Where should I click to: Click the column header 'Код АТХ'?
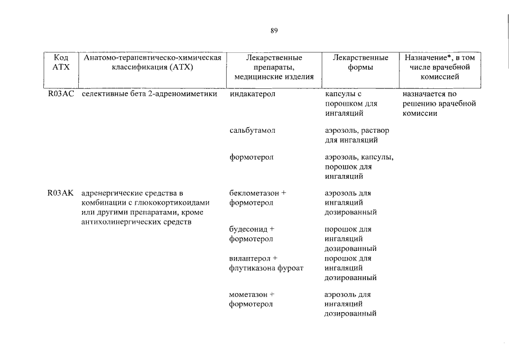(x=61, y=62)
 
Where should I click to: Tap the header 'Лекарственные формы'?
(x=360, y=62)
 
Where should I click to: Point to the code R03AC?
(x=61, y=94)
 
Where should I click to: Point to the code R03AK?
(x=61, y=193)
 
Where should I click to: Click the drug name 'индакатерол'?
(x=252, y=94)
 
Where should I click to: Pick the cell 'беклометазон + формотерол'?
(x=258, y=198)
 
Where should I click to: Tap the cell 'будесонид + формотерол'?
(x=252, y=234)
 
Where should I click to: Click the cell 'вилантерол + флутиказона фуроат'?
(x=266, y=263)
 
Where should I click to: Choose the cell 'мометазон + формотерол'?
(x=252, y=299)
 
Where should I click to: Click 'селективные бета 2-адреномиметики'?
(x=149, y=94)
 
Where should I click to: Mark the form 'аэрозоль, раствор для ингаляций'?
(x=357, y=135)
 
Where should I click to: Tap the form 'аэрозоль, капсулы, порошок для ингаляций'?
(x=359, y=167)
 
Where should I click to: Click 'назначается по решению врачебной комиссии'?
(x=439, y=104)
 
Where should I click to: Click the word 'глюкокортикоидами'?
(x=177, y=203)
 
